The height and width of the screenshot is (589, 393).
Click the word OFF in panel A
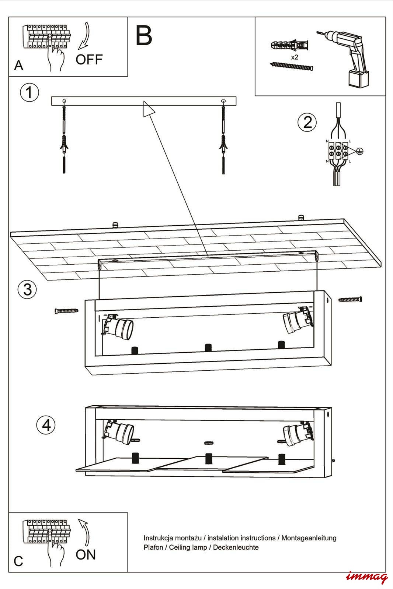(x=89, y=59)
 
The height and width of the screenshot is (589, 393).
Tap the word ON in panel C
(x=86, y=554)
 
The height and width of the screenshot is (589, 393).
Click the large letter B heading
(x=144, y=36)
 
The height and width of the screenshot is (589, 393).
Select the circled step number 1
(x=29, y=92)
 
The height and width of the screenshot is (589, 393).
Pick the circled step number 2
(x=307, y=122)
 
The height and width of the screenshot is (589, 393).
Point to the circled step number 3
(x=27, y=289)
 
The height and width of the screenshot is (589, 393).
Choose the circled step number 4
(x=46, y=425)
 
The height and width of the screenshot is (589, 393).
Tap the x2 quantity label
(x=294, y=57)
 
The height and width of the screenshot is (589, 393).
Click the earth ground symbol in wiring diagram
(x=360, y=151)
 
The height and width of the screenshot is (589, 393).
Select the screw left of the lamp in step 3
(x=66, y=311)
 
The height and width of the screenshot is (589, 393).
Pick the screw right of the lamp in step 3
(x=350, y=299)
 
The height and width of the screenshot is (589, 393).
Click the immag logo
(x=367, y=577)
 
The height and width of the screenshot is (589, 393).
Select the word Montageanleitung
(x=309, y=538)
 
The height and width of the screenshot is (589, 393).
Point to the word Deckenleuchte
(x=236, y=547)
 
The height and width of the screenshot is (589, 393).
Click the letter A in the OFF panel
(x=18, y=66)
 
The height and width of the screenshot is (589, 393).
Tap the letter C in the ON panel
(x=18, y=561)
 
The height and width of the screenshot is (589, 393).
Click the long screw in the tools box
(x=292, y=66)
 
